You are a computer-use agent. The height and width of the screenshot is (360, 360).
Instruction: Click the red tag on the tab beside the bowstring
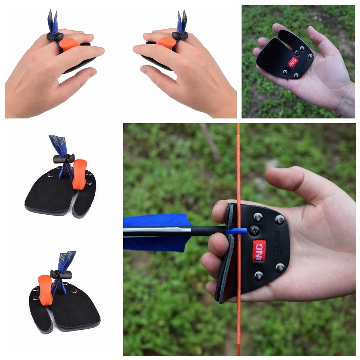tap(259, 250)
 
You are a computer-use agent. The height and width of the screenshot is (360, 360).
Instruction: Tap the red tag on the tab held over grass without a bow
tap(292, 61)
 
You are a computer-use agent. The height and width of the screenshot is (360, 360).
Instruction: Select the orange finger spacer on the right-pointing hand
tap(69, 44)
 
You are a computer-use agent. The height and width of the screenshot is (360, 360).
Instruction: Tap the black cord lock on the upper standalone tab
tap(64, 158)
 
